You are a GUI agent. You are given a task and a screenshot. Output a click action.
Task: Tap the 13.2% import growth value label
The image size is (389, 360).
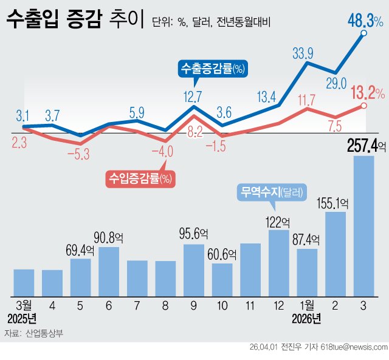(x=367, y=93)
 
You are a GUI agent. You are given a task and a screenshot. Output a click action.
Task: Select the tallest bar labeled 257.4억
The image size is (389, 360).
(x=363, y=225)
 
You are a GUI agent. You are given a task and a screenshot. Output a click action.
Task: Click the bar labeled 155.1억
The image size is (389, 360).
(x=336, y=253)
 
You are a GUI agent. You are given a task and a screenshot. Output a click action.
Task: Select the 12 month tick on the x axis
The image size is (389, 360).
(x=278, y=304)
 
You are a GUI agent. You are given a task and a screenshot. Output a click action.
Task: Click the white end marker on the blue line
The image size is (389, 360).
(x=363, y=34)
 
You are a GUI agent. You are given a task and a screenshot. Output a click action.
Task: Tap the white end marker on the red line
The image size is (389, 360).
(x=363, y=106)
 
